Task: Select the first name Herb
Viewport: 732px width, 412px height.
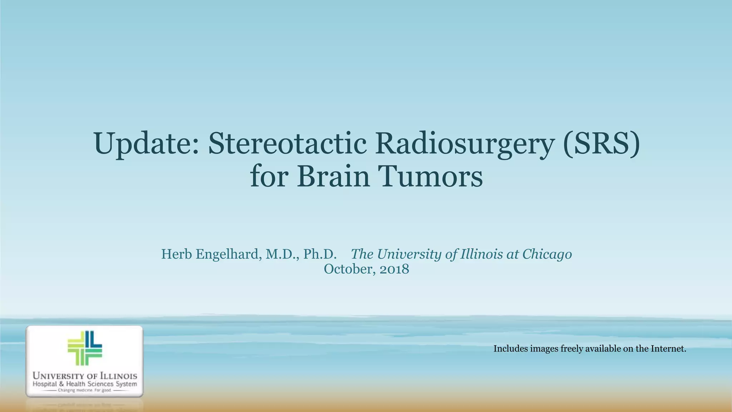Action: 177,254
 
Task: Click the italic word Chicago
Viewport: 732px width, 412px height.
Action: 547,254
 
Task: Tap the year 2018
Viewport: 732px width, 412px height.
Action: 394,269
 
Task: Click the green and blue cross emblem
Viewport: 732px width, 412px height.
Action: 85,348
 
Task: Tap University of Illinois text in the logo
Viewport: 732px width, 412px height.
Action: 85,376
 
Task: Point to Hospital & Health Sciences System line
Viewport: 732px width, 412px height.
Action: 85,384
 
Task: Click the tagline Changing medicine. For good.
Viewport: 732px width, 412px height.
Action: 85,391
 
